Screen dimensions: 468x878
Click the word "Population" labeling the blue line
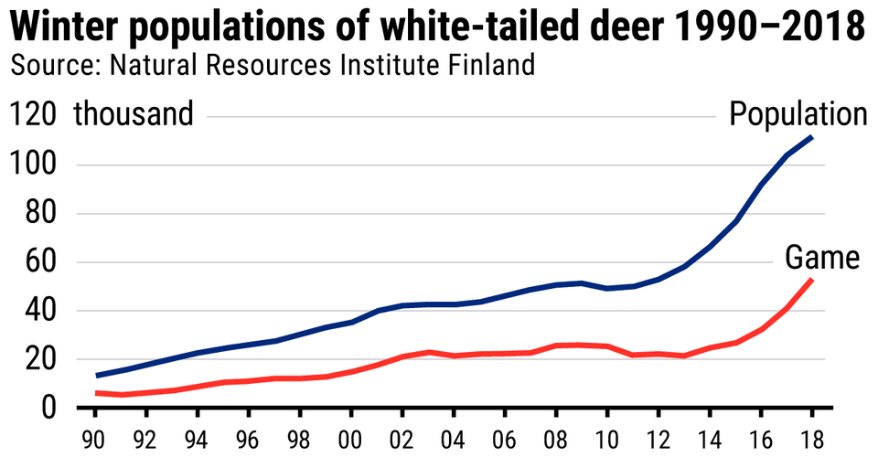point(797,115)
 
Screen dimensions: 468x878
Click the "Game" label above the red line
point(822,259)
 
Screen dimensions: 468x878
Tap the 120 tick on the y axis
point(35,115)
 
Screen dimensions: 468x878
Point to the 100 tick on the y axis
point(35,165)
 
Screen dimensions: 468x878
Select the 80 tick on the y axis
point(42,214)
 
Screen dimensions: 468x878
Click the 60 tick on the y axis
point(42,262)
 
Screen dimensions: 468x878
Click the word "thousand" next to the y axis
point(134,115)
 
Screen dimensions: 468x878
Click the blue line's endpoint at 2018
point(811,137)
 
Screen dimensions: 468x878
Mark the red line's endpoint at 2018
point(811,280)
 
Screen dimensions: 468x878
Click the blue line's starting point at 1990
point(96,375)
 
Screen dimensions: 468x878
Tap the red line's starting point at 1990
point(96,393)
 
